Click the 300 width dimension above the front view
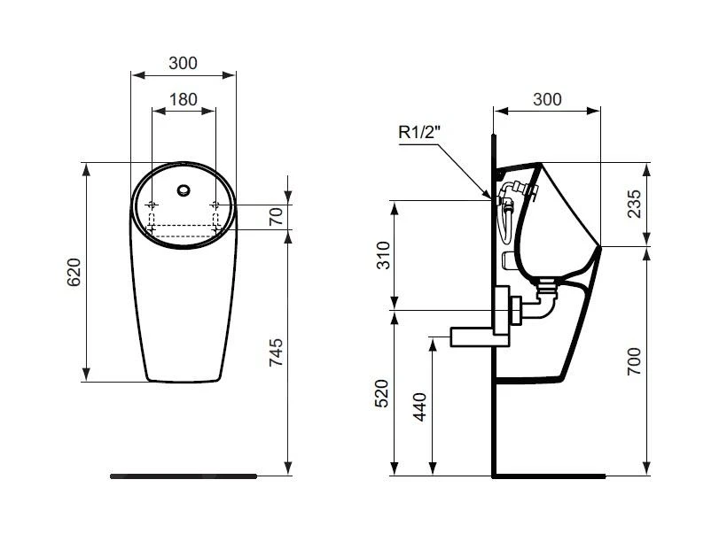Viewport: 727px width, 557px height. pos(183,63)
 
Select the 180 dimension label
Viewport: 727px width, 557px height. pos(183,99)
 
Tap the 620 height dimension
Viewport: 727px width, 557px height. pos(74,272)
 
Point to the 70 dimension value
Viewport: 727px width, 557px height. pos(276,216)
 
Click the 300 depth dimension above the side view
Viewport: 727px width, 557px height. pos(547,99)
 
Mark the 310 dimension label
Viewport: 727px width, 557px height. pos(383,255)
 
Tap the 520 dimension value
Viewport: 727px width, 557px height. pos(383,392)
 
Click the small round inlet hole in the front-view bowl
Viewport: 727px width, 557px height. pos(184,189)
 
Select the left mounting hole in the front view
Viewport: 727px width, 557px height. pos(152,205)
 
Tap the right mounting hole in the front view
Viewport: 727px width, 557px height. pos(215,205)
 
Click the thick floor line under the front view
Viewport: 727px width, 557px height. pos(183,476)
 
